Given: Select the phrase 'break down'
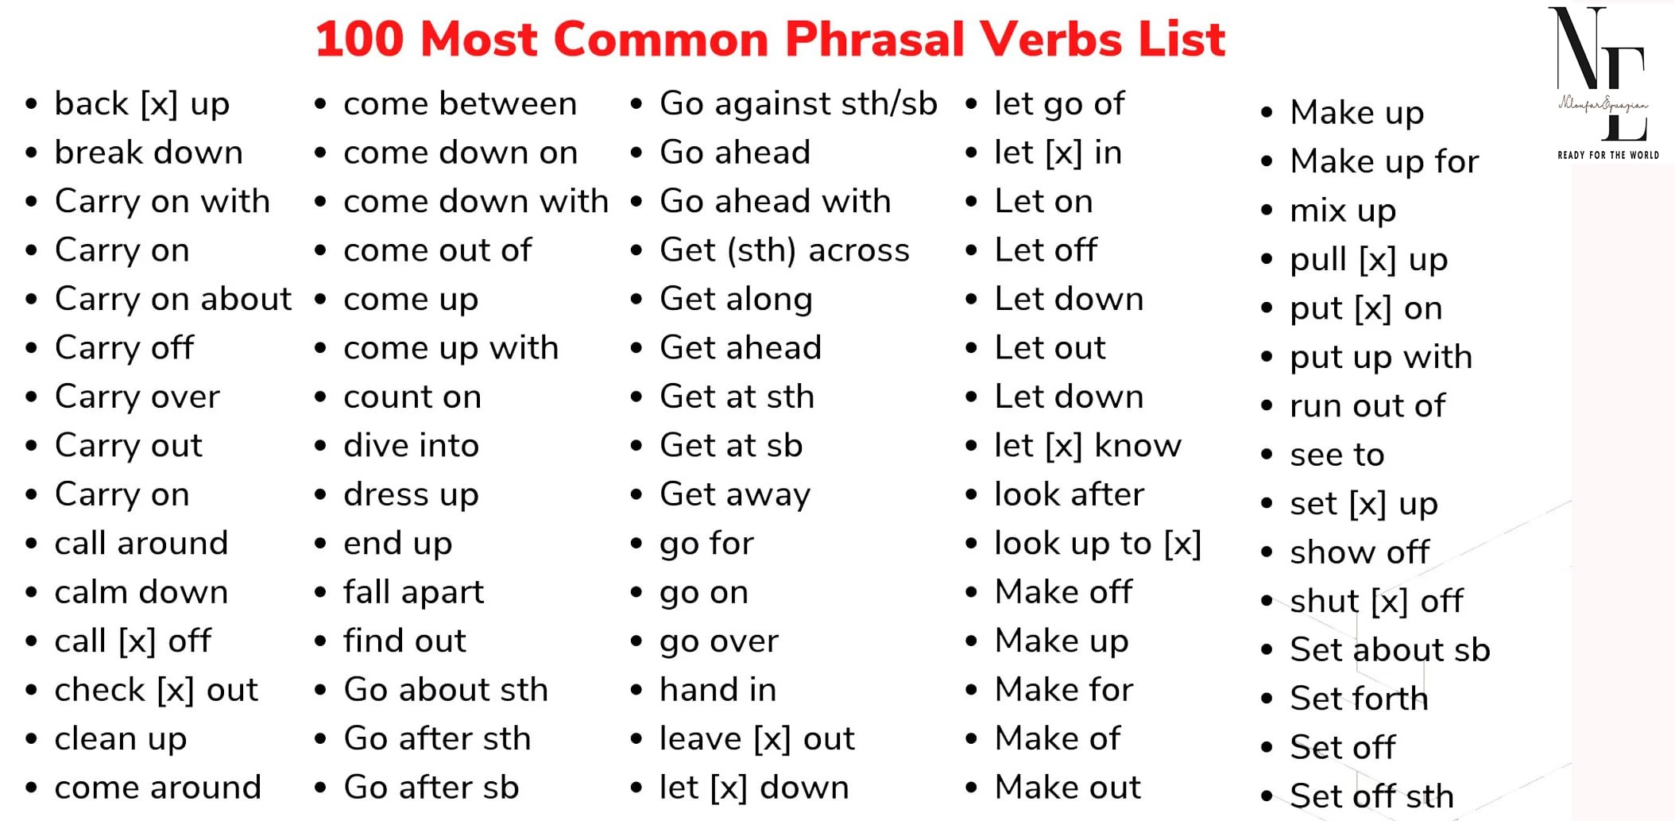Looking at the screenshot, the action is [x=149, y=152].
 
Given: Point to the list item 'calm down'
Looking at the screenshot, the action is [x=141, y=592].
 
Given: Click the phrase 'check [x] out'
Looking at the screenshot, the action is [x=157, y=690].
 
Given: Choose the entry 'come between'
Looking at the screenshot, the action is [x=460, y=103].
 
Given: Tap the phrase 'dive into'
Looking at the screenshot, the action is [x=412, y=445].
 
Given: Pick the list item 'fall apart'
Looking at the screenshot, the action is [x=413, y=592].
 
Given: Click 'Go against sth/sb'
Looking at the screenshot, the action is [x=799, y=103].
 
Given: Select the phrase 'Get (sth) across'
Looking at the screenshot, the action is [x=785, y=250].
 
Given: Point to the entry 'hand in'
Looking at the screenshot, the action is [x=718, y=690].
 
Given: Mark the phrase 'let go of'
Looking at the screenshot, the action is [x=1060, y=103].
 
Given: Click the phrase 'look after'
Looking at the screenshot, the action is [x=1070, y=494].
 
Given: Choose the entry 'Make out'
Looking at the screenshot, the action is [x=1068, y=788].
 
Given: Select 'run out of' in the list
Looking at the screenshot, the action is [x=1368, y=406].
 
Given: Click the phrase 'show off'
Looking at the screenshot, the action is [x=1360, y=552].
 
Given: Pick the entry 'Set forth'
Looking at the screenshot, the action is [x=1360, y=699].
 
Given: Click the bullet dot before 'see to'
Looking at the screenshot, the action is [x=1267, y=455].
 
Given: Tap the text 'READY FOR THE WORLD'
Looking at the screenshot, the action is [x=1608, y=155].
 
